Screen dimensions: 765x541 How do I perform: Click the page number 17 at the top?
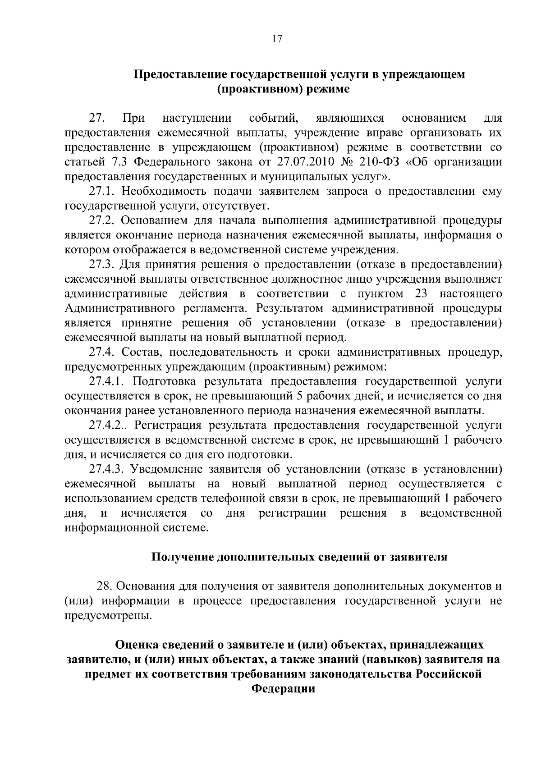277,39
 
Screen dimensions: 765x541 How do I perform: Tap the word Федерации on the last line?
283,689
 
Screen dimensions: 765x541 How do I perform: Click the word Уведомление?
166,469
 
